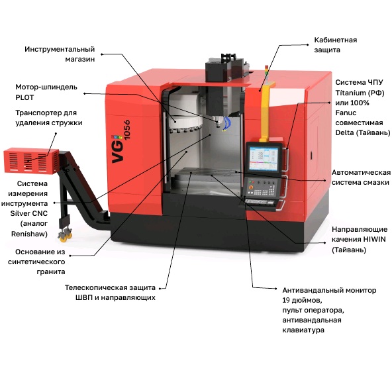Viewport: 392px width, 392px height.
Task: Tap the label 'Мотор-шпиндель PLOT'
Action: coord(46,91)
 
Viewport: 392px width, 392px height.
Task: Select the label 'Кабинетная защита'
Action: coord(335,44)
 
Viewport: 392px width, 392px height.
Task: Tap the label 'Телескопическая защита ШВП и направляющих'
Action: coord(110,293)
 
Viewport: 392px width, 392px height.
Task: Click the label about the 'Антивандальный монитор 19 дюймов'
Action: coord(328,309)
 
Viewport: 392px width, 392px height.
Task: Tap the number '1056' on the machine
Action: coord(126,128)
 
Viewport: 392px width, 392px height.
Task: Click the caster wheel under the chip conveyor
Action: coord(66,234)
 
